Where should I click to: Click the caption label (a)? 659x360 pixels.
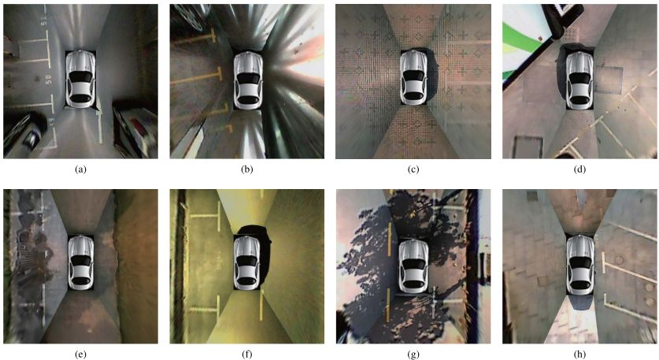(80, 169)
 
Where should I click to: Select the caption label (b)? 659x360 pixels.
(246, 169)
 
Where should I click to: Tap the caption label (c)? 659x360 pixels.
(413, 169)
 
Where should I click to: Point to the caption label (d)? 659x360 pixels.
(579, 169)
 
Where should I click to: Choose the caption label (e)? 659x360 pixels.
(80, 354)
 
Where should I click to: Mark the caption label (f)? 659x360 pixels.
(246, 354)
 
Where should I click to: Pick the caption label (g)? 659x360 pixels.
(413, 354)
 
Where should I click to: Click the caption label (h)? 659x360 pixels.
(579, 354)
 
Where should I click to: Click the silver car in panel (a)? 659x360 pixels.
(80, 79)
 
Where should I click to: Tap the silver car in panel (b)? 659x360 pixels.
(248, 80)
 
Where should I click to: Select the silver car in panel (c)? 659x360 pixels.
(414, 77)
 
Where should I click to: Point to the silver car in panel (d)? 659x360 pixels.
(580, 80)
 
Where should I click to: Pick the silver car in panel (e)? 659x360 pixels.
(81, 262)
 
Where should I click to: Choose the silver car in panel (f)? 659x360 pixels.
(248, 262)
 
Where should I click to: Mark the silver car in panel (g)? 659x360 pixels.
(413, 266)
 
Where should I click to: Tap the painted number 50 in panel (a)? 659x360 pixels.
(48, 79)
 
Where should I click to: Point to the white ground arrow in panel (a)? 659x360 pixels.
(100, 124)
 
